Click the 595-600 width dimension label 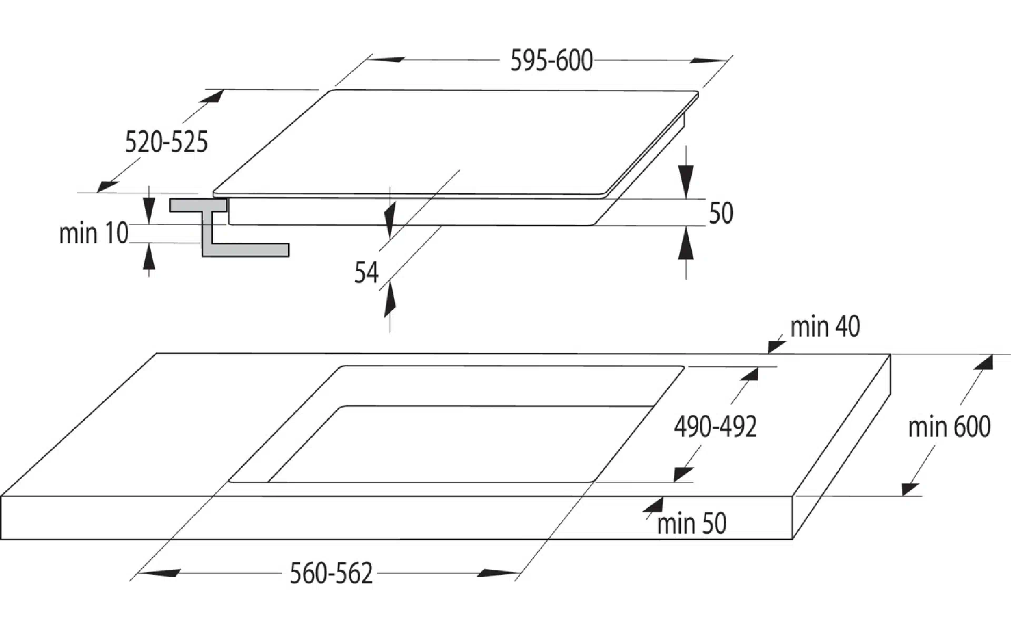tap(551, 61)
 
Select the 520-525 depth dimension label tap(166, 142)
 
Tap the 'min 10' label tap(94, 233)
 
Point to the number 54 tap(366, 273)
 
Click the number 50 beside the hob tap(721, 213)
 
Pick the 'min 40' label tap(825, 327)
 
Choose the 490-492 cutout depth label tap(715, 427)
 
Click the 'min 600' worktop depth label tap(949, 427)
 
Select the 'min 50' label tap(691, 524)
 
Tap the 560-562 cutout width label tap(331, 573)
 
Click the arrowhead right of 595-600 tap(709, 61)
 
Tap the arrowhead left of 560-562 tap(158, 572)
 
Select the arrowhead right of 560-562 tap(498, 572)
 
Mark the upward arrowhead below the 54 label tap(390, 302)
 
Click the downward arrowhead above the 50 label tap(686, 182)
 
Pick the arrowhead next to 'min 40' tap(777, 347)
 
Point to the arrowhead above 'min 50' tap(653, 505)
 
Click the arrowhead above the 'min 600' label tap(983, 362)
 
